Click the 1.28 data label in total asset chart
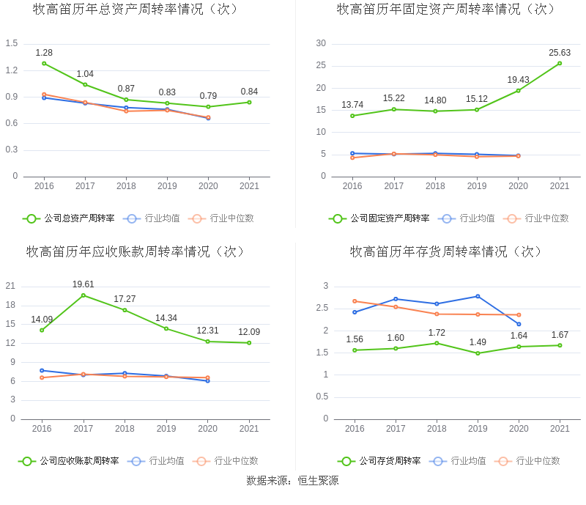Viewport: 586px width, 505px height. (x=44, y=53)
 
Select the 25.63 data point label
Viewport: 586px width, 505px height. (x=560, y=53)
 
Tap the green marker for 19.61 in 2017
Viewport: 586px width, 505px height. (x=83, y=295)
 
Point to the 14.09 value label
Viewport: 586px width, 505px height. (x=42, y=320)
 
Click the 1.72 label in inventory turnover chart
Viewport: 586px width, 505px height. (x=437, y=333)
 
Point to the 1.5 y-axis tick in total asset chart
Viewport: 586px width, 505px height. (x=11, y=44)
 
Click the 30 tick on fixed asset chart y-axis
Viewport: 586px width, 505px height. (x=321, y=44)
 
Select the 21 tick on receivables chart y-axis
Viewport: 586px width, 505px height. (x=10, y=286)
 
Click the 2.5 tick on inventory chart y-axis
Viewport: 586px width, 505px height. (x=322, y=309)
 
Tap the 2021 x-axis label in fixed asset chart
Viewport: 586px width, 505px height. (x=560, y=186)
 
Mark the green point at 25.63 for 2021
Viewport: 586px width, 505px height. (x=560, y=63)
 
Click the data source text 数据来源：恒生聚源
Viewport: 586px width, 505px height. (x=292, y=482)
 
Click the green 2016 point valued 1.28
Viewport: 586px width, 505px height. (x=44, y=63)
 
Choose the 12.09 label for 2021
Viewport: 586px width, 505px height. (x=249, y=333)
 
